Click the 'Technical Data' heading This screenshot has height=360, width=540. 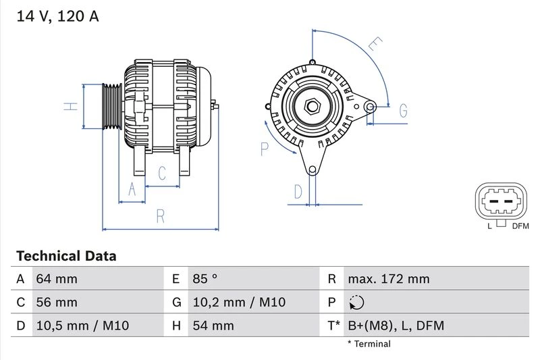point(66,256)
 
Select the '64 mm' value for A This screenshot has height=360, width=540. point(57,279)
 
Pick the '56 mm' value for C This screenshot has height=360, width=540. point(57,303)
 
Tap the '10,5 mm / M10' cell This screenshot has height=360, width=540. point(82,326)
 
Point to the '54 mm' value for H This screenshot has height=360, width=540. point(213,326)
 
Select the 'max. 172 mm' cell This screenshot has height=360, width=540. point(388,279)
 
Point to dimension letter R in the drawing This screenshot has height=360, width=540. point(161,216)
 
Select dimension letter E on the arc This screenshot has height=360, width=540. point(375,46)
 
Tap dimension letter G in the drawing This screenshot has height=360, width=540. point(404,110)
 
